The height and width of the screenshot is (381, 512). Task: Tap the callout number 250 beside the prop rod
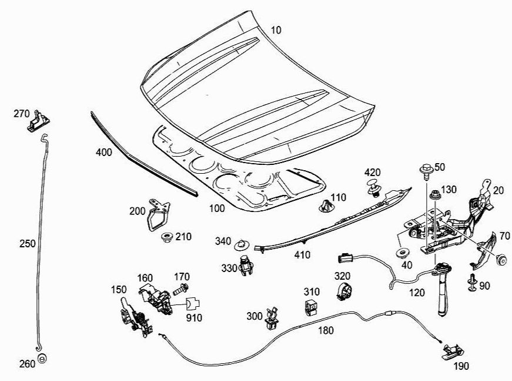tap(27, 242)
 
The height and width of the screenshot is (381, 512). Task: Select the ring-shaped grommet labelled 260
tap(42, 358)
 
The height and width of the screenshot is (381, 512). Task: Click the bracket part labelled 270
tap(37, 121)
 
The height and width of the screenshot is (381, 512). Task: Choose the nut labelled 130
tap(434, 194)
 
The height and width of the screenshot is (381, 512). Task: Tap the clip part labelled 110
tap(325, 206)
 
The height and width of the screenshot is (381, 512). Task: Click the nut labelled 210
tap(166, 237)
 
